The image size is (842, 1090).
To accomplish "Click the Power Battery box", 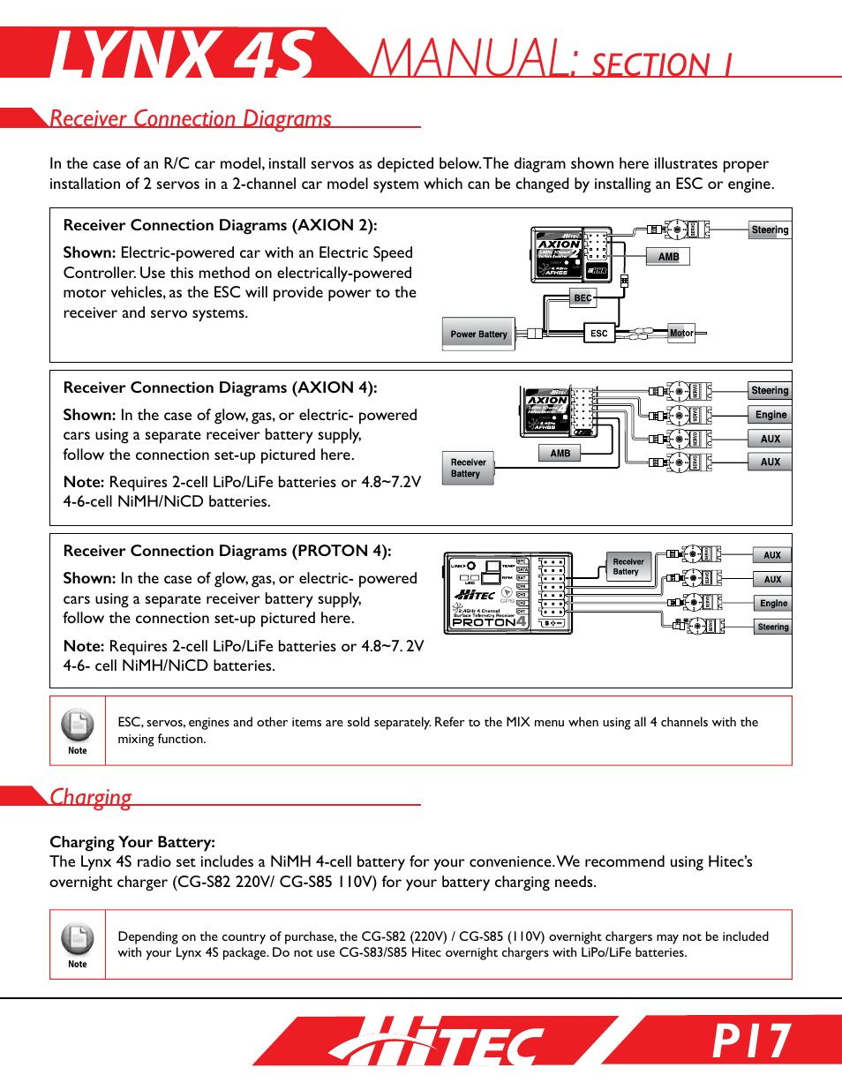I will pos(478,334).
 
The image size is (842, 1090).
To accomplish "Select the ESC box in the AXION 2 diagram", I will pos(598,333).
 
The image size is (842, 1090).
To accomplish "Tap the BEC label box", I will pos(583,297).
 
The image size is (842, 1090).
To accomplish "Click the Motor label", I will pos(680,333).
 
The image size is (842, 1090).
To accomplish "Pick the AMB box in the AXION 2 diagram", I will pos(668,257).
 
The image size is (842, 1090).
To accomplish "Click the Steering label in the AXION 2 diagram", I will pos(770,229).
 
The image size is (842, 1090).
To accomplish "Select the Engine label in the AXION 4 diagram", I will pos(771,415).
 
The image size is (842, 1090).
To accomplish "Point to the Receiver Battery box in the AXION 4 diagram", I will pos(468,468).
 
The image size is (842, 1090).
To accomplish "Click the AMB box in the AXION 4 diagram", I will pos(560,453).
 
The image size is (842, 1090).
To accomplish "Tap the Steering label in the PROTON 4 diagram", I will pos(772,627).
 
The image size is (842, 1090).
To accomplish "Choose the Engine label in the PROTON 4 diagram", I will pos(773,603).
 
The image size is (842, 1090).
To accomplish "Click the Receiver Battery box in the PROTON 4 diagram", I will pos(628,567).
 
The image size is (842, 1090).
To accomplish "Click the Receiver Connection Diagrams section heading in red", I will pos(191,118).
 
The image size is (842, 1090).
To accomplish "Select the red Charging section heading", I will pos(91,796).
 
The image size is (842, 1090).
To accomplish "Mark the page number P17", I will pos(752,1041).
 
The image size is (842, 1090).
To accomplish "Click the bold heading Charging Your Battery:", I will pos(132,841).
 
